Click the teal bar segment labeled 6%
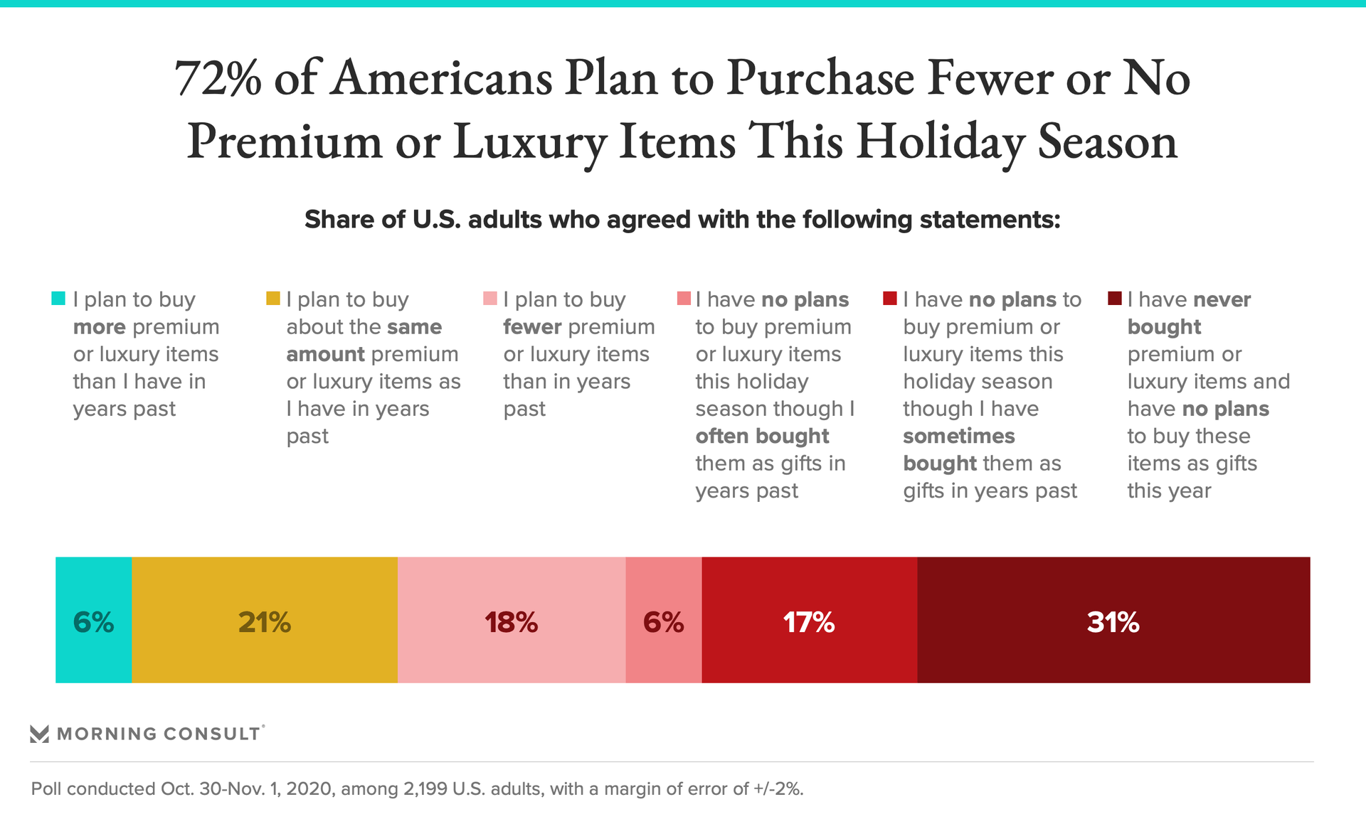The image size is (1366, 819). click(93, 620)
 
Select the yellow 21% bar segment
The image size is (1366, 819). click(265, 620)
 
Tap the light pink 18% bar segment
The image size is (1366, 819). click(512, 620)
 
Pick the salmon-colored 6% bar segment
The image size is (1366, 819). click(663, 620)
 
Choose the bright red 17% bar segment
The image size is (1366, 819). click(809, 620)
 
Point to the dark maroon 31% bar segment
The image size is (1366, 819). click(1113, 620)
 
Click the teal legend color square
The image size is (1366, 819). click(58, 299)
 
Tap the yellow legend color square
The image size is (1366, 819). click(272, 299)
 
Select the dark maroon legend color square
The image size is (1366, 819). click(1115, 299)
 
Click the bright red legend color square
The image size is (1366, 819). click(889, 299)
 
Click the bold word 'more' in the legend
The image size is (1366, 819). click(100, 327)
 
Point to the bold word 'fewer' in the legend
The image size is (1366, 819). click(533, 327)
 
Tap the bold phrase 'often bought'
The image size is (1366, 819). click(762, 436)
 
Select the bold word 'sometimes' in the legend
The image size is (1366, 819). click(958, 436)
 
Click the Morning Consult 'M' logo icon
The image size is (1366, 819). click(40, 734)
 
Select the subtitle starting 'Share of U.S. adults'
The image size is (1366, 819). click(682, 220)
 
